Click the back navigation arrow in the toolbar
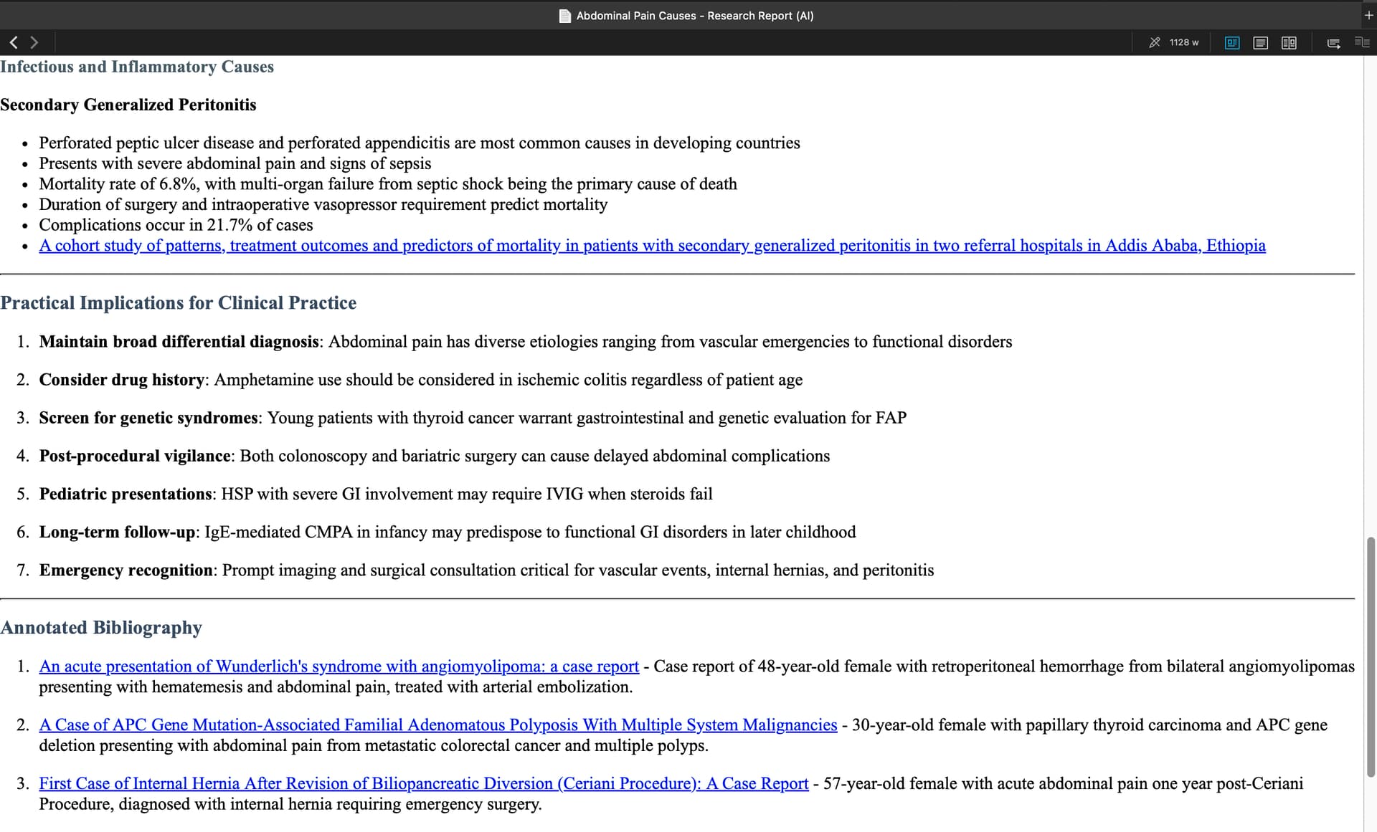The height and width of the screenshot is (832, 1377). click(x=13, y=42)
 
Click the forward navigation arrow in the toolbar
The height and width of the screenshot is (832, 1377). click(x=34, y=42)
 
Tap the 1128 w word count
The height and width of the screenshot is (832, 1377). click(x=1183, y=42)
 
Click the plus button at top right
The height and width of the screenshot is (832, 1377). click(x=1368, y=15)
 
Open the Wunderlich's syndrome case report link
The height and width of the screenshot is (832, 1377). click(x=339, y=666)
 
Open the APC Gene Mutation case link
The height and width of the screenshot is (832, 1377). click(x=437, y=725)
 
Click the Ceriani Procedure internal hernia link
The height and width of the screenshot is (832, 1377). click(x=423, y=784)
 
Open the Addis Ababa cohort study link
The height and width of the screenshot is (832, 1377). click(x=652, y=246)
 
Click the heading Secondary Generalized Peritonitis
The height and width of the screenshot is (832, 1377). click(x=128, y=105)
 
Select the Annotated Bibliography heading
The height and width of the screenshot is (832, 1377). click(x=101, y=628)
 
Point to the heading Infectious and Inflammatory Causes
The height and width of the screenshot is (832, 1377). click(x=137, y=67)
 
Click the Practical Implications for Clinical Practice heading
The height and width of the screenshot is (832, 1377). click(x=179, y=303)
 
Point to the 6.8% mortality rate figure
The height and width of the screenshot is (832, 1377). click(x=179, y=184)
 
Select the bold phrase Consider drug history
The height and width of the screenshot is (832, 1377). click(x=122, y=380)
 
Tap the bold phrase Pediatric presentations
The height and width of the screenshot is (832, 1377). click(x=126, y=494)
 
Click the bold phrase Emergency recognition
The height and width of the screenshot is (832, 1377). click(x=126, y=570)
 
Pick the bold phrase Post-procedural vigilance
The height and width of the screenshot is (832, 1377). click(x=135, y=456)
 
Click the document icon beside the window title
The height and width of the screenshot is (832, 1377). click(x=565, y=16)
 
